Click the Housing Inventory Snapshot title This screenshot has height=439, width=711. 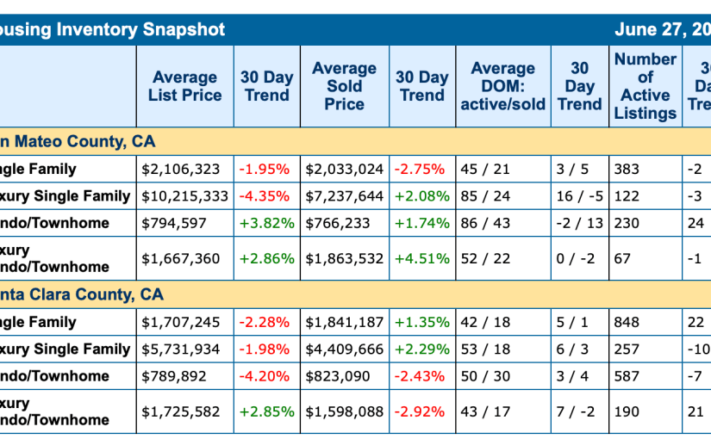tap(112, 29)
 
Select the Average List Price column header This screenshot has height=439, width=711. tap(184, 86)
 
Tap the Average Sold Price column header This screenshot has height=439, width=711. tap(344, 86)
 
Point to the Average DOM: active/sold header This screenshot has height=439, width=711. tap(502, 86)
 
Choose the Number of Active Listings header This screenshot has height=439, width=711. tap(645, 86)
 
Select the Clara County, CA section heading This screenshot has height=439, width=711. tap(81, 294)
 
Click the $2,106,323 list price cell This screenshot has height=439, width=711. tap(180, 170)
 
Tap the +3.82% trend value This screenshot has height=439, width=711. tap(266, 223)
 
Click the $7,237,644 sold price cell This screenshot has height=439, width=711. tap(344, 196)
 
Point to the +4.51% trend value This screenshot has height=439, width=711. tap(421, 258)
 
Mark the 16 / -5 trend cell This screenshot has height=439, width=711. tap(577, 196)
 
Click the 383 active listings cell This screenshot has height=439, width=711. tap(627, 170)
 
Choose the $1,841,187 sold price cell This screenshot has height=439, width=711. tap(344, 322)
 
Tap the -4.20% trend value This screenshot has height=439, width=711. tap(266, 375)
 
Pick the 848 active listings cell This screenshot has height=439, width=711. tap(627, 322)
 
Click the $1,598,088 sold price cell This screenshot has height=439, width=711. tap(344, 411)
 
